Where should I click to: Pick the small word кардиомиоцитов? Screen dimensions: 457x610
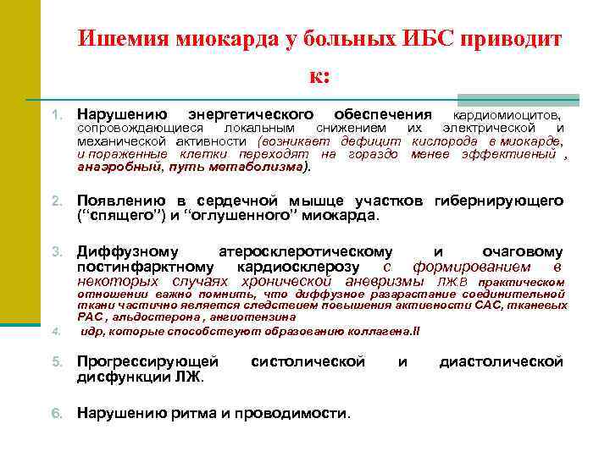[x=507, y=114]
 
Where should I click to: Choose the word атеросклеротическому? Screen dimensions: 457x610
[x=305, y=252]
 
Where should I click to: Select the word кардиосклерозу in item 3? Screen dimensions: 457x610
[x=308, y=267]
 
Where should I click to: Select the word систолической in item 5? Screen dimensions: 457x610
[x=308, y=361]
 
